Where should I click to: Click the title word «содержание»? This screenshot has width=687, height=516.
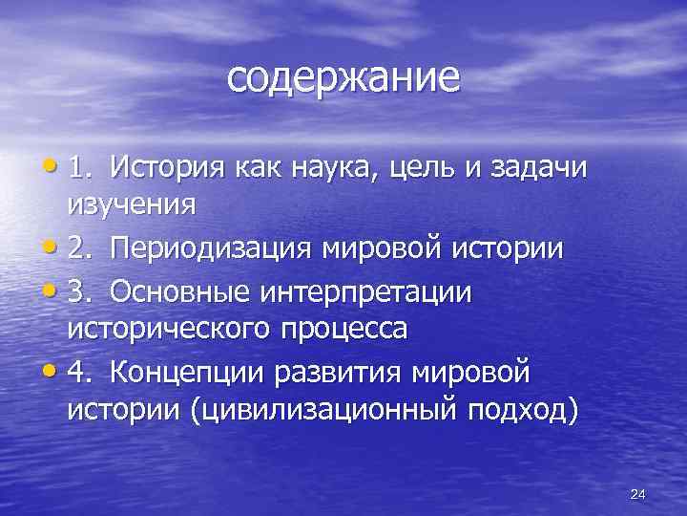pyautogui.click(x=343, y=78)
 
